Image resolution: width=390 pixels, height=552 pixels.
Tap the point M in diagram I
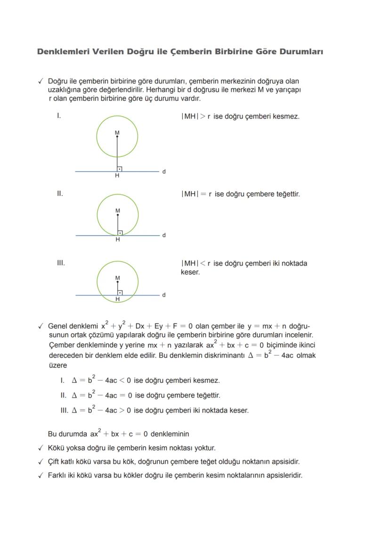pyautogui.click(x=117, y=136)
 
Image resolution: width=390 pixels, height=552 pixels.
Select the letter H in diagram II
pyautogui.click(x=118, y=240)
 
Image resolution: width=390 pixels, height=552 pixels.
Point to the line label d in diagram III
pyautogui.click(x=163, y=295)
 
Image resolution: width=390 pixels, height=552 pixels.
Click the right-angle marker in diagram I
pyautogui.click(x=120, y=169)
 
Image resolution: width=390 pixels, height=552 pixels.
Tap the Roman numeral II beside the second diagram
pyautogui.click(x=60, y=194)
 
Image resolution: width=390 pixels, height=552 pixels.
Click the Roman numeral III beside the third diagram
pyautogui.click(x=61, y=263)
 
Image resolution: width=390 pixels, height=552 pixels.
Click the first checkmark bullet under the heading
pyautogui.click(x=41, y=82)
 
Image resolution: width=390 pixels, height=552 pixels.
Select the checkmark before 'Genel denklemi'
pyautogui.click(x=41, y=326)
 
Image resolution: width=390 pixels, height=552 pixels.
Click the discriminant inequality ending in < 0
pyautogui.click(x=101, y=380)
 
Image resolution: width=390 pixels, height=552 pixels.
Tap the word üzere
pyautogui.click(x=58, y=365)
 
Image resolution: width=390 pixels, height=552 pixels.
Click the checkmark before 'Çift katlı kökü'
pyautogui.click(x=41, y=462)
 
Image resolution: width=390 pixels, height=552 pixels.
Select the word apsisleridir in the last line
pyautogui.click(x=284, y=475)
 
